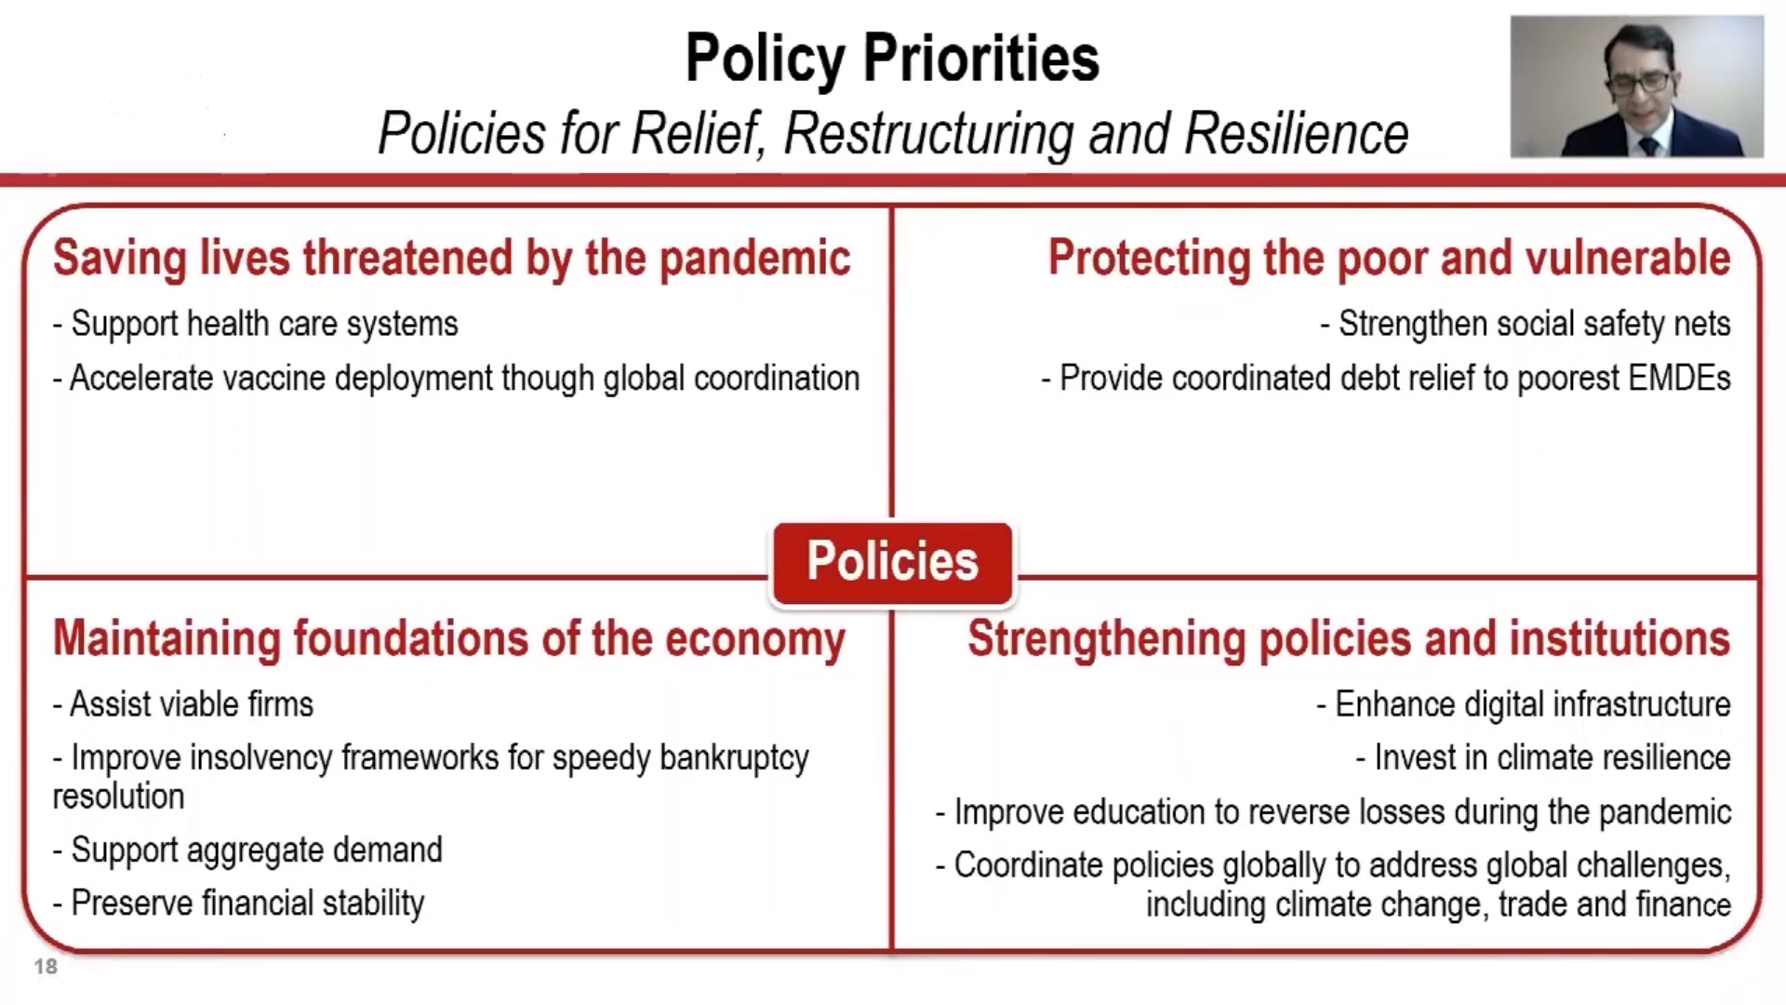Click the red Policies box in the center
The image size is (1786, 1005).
(892, 563)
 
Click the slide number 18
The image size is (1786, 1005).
(46, 967)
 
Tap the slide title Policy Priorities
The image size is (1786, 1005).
(892, 58)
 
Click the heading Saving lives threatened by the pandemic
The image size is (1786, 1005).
(452, 258)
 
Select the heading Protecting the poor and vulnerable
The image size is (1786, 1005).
(1390, 258)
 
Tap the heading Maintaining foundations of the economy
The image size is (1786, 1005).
(449, 639)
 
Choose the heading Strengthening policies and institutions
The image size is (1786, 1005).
(1349, 639)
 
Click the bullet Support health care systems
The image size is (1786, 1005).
(256, 324)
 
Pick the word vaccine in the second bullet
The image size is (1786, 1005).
(272, 378)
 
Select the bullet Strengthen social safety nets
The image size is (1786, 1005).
(1526, 324)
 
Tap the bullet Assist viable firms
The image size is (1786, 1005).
(183, 704)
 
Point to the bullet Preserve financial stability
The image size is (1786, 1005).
(239, 903)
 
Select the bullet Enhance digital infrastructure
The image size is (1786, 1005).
(1524, 704)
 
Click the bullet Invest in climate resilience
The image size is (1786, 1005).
(1543, 757)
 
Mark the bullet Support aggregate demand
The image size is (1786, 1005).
(248, 850)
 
